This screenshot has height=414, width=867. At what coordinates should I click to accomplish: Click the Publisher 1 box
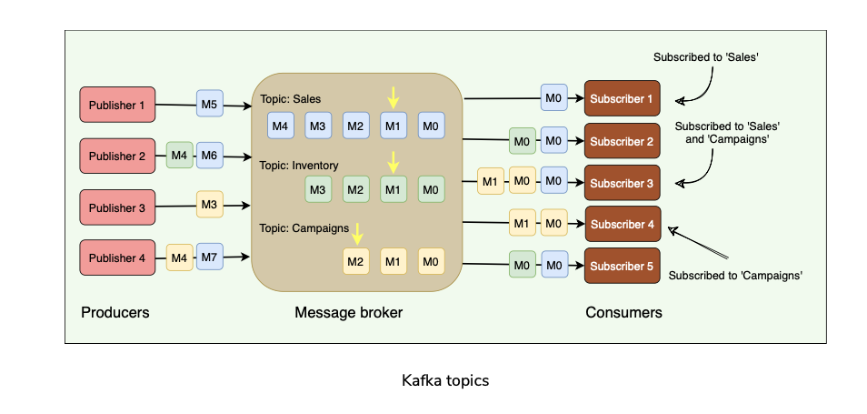click(x=117, y=105)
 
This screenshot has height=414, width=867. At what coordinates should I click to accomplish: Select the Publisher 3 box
click(x=117, y=207)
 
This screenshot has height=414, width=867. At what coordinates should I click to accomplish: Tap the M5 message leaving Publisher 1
click(x=210, y=105)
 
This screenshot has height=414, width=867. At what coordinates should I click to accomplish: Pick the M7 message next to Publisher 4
click(x=210, y=258)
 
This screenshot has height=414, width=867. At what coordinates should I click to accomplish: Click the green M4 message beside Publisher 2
click(x=180, y=156)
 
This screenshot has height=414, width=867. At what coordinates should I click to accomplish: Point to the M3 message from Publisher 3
click(x=210, y=205)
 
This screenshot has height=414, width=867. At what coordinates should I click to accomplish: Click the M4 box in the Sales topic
click(x=280, y=126)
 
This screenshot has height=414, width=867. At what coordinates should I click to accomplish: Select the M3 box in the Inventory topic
click(x=317, y=190)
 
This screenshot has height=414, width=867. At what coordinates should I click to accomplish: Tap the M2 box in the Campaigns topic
click(x=356, y=262)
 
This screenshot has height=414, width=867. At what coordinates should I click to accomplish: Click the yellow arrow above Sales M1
click(x=393, y=96)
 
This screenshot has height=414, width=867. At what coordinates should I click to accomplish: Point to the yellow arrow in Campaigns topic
click(x=356, y=234)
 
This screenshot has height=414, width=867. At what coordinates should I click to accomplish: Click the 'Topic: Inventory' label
click(x=299, y=166)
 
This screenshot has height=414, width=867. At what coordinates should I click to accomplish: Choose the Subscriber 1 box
click(x=622, y=98)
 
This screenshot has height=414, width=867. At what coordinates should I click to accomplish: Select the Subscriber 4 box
click(x=622, y=224)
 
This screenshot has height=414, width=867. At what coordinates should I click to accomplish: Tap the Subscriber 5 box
click(x=622, y=266)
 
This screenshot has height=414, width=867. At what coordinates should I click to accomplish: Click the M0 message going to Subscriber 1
click(x=553, y=97)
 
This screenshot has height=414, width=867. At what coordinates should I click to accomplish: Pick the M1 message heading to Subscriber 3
click(x=491, y=181)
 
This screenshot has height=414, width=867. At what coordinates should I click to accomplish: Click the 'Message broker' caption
click(x=348, y=313)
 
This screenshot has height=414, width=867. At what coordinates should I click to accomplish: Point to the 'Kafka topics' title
click(x=445, y=380)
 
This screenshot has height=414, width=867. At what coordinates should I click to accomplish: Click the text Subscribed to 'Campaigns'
click(x=735, y=274)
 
